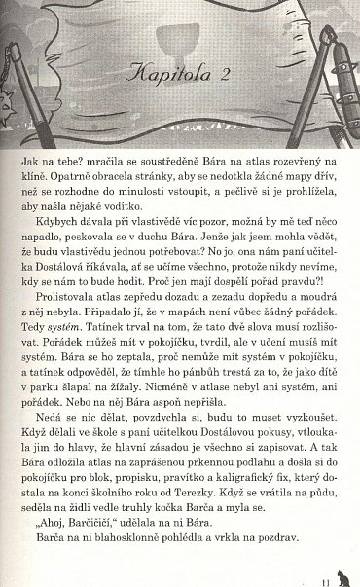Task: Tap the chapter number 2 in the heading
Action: click(223, 73)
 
